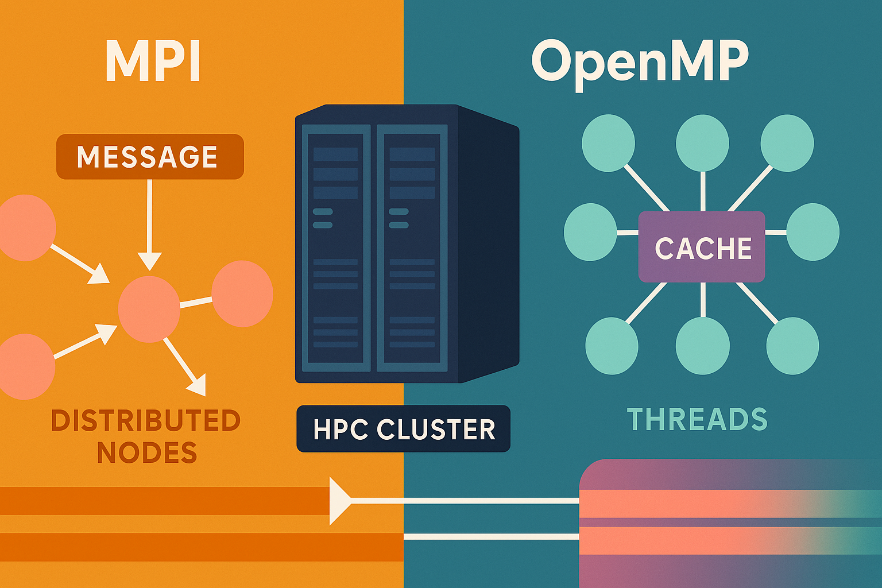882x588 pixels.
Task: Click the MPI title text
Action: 153,62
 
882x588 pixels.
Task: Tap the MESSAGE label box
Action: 150,157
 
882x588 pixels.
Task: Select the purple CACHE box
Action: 702,247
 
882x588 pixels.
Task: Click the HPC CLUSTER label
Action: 403,429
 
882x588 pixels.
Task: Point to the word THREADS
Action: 697,419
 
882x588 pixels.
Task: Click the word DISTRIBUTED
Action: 146,420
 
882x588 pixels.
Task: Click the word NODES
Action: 147,453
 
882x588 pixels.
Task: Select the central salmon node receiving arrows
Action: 149,309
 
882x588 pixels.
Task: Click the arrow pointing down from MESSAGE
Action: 150,224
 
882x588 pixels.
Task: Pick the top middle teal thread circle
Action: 702,143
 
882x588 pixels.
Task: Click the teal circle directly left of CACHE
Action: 590,232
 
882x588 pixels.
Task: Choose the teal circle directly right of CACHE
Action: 813,232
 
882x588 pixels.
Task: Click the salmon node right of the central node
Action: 242,293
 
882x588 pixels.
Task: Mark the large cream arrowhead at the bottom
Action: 339,501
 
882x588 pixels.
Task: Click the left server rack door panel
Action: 335,247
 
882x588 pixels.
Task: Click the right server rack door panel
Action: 412,247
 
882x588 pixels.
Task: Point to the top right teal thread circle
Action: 787,143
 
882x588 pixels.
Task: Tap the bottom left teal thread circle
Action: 612,346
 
